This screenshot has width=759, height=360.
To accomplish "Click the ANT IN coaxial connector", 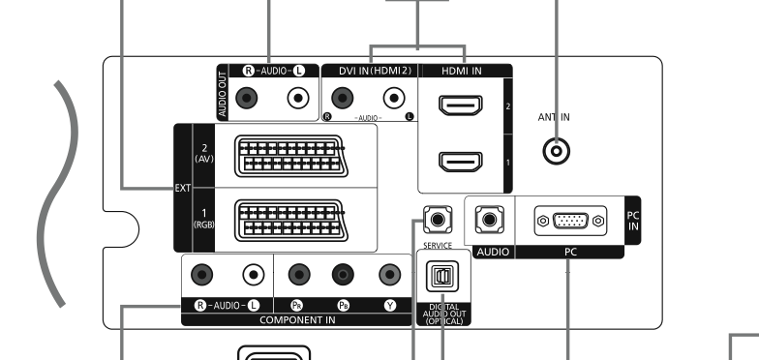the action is pos(556,151).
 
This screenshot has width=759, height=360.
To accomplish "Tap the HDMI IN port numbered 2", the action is pos(461,105).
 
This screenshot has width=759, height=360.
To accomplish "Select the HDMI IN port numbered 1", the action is pos(461,162).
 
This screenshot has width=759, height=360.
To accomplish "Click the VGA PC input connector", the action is pos(571,221).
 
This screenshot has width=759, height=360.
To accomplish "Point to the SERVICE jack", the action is pos(438,220).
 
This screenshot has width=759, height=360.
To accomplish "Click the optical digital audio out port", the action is pos(442,277).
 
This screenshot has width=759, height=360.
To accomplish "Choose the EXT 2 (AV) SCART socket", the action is pos(290,156).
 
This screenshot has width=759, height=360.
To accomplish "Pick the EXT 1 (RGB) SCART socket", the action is pos(290,221).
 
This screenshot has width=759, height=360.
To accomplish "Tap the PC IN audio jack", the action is pos(490,220).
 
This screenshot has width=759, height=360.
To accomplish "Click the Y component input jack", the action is pos(389,275).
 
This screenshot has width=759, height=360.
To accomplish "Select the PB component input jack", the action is pos(343,275).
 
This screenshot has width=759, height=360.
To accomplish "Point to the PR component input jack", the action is pos(299,275).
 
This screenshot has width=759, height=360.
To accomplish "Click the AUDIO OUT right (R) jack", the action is pos(246,99).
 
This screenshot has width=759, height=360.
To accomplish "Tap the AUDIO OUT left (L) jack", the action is pos(298,99).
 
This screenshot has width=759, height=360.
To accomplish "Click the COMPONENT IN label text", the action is pos(298,319).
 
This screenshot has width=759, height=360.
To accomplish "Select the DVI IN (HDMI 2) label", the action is pos(375,71).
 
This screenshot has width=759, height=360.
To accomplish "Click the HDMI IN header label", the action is pos(461,71).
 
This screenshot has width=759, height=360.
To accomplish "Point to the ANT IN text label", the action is pos(554,117).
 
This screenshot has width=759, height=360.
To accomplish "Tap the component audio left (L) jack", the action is pos(254,275).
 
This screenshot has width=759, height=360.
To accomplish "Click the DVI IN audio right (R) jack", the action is pos(343,99).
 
